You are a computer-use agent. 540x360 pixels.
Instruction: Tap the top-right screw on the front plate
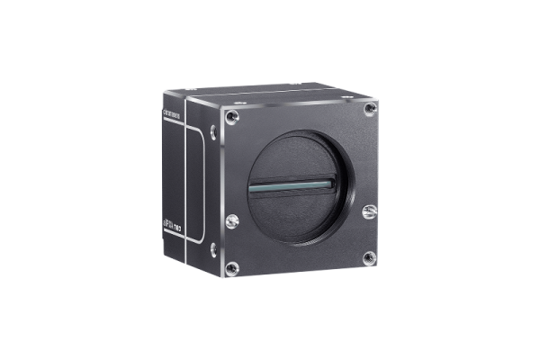click(x=369, y=108)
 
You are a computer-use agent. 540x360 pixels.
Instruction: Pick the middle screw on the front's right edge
click(x=367, y=212)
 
